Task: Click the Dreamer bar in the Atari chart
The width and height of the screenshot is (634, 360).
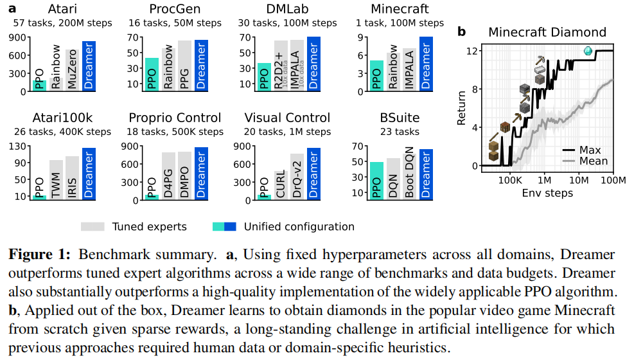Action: point(89,66)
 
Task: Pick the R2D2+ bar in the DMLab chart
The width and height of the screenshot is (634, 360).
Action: point(281,66)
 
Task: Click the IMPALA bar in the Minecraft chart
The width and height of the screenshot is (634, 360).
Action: point(409,69)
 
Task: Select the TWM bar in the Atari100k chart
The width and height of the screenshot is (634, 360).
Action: point(56,179)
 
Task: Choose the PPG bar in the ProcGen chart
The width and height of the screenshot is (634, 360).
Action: point(184,66)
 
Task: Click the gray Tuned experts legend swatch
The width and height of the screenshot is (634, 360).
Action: point(92,226)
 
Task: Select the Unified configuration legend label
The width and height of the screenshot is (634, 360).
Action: point(299,226)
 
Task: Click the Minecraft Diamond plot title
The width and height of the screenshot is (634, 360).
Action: point(547,32)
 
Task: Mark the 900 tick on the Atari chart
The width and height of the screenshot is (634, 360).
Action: point(18,37)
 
